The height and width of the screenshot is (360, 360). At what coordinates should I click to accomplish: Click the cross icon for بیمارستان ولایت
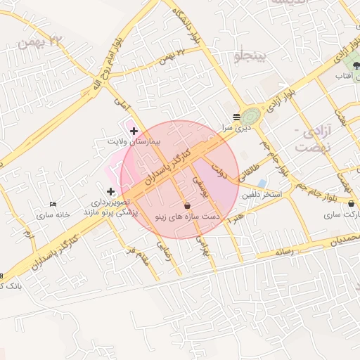(x=134, y=131)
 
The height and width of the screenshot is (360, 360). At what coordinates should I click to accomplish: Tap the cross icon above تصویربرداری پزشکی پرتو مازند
(x=110, y=191)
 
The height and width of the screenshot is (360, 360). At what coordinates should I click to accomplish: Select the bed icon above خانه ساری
(x=53, y=204)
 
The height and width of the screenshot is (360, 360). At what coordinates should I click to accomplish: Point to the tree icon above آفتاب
(x=347, y=65)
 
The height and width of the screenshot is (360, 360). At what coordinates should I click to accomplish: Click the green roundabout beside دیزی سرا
(x=251, y=115)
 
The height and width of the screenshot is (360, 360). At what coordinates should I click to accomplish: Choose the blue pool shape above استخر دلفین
(x=262, y=183)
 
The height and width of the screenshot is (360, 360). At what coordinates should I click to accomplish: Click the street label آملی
(x=124, y=108)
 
